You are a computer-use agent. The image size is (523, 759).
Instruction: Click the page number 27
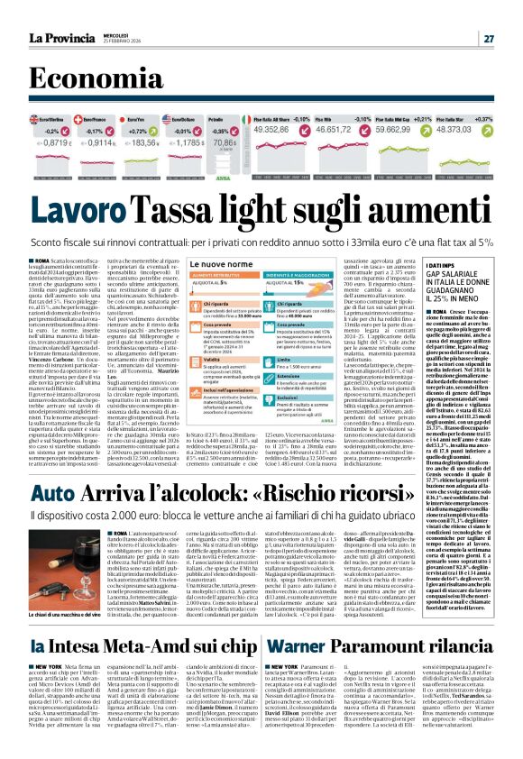click(x=488, y=38)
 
